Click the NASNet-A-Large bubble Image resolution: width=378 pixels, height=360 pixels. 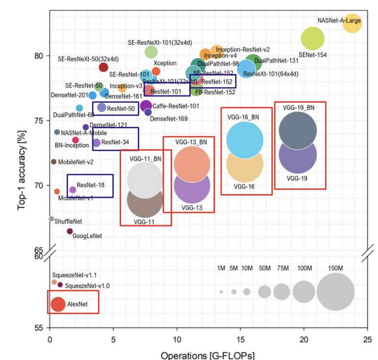tap(352, 23)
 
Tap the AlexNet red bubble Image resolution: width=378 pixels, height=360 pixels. tap(58, 304)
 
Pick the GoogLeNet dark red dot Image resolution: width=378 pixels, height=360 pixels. tap(70, 231)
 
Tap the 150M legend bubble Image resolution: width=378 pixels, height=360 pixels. tap(336, 292)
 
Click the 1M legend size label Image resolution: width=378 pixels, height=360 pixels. tap(221, 268)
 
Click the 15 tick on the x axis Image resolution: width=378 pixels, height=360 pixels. tap(241, 340)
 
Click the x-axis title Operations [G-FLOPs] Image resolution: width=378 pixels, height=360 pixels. tap(207, 355)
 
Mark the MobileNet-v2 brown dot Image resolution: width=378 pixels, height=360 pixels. tap(53, 162)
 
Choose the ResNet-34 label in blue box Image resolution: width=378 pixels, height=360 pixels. tap(112, 142)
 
